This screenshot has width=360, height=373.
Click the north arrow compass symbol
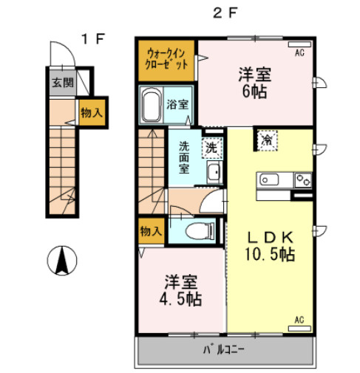click(62, 260)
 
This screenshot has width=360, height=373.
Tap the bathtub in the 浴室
click(151, 104)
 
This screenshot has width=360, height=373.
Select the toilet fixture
click(198, 231)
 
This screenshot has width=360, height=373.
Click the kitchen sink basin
click(270, 179)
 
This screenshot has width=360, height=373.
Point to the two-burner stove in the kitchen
click(303, 180)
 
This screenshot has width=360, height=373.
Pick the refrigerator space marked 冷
click(267, 140)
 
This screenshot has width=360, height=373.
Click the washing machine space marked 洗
click(212, 148)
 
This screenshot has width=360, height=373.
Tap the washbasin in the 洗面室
click(214, 172)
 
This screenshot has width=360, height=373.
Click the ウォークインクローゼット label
click(166, 59)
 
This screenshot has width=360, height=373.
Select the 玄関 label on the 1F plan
click(63, 83)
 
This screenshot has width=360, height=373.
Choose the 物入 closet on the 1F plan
click(92, 112)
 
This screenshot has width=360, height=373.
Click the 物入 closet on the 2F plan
click(151, 231)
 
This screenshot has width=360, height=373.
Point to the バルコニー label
click(223, 349)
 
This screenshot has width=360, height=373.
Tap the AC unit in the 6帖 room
click(299, 44)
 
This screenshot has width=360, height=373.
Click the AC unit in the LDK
click(299, 329)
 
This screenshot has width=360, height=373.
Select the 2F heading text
click(225, 13)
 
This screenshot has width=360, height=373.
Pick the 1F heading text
click(94, 39)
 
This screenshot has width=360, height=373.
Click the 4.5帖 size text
click(180, 299)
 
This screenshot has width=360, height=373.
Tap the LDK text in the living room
click(271, 237)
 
